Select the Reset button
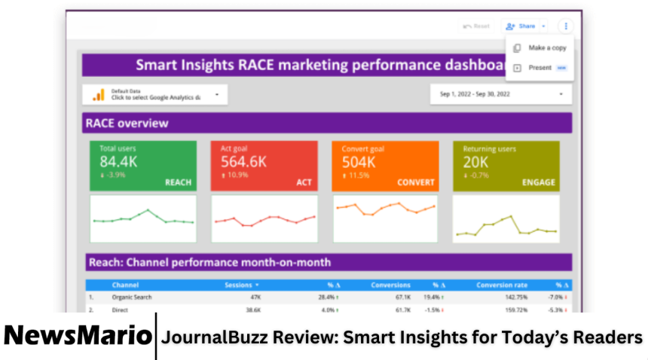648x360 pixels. tap(476, 26)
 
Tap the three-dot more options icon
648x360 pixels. tap(565, 26)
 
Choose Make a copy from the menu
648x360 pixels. tap(546, 47)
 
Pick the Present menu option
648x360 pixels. tap(540, 68)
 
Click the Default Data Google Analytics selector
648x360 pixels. tap(154, 95)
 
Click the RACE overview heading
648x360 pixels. tap(127, 123)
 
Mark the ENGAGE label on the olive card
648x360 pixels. tap(539, 182)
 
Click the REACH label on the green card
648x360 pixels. tap(178, 182)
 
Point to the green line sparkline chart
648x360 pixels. tap(143, 218)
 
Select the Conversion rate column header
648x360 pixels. tap(502, 285)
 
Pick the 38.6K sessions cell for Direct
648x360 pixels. tap(252, 310)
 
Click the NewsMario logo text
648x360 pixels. tap(77, 337)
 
